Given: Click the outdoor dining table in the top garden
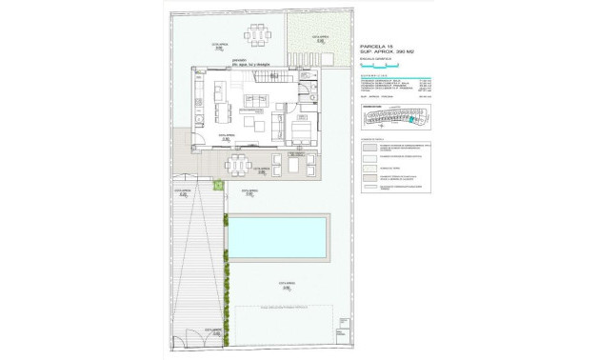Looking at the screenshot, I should point(259,35).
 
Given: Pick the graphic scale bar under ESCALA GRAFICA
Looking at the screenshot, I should point(381,65).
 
